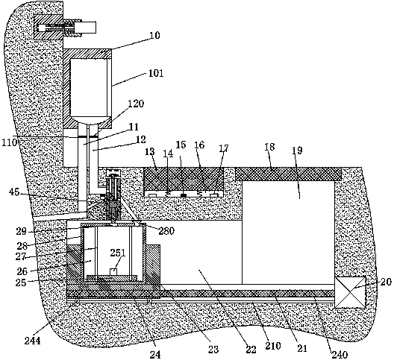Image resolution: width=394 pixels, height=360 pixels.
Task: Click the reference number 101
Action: (x=156, y=73)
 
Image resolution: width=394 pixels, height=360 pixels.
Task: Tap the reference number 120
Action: (x=136, y=104)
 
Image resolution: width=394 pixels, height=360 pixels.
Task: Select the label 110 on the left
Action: (x=10, y=142)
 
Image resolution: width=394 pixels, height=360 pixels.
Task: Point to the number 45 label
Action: (x=14, y=192)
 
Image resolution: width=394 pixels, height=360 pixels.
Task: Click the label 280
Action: (x=166, y=231)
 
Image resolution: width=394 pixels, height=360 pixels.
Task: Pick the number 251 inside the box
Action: (x=117, y=253)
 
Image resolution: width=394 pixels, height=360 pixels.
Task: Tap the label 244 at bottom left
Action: (x=32, y=341)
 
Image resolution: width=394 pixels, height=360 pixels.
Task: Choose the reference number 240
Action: (x=340, y=355)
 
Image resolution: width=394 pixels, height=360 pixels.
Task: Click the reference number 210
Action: (x=272, y=346)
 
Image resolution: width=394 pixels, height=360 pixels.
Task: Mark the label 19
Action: (x=297, y=151)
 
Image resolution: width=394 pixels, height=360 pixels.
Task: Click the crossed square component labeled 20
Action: (x=350, y=292)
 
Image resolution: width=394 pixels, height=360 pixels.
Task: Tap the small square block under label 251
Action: (x=113, y=271)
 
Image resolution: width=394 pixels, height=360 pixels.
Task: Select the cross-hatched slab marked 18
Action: (x=289, y=174)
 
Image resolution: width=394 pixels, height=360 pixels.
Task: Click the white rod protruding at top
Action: (x=89, y=28)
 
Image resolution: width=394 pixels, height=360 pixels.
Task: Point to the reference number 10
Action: (x=154, y=35)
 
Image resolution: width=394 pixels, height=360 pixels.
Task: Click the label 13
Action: (x=150, y=152)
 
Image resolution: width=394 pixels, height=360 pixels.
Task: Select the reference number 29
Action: (x=22, y=231)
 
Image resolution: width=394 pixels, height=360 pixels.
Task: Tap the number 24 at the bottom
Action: (x=155, y=354)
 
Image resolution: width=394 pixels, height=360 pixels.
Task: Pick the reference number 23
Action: (x=213, y=350)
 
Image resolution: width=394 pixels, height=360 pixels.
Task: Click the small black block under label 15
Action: (x=184, y=195)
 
